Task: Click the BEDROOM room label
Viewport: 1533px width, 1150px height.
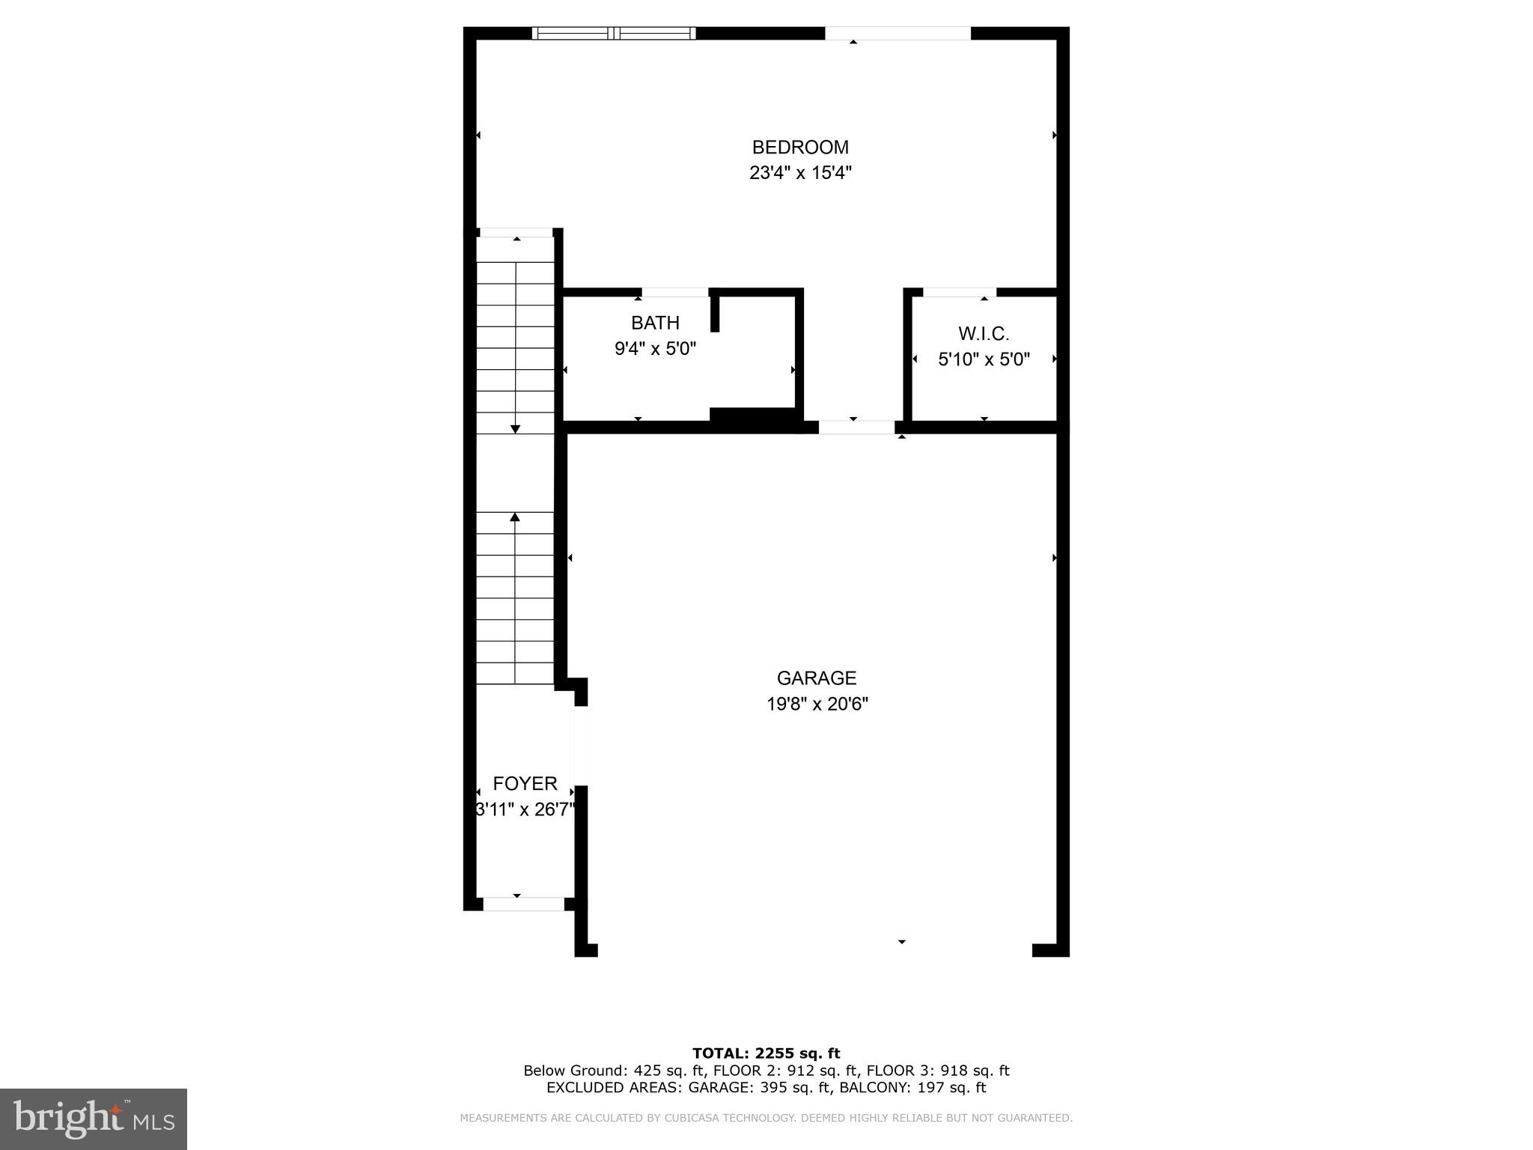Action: click(x=800, y=147)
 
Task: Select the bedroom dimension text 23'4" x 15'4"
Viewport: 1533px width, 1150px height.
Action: click(x=800, y=173)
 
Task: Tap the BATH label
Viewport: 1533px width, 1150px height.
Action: click(x=655, y=323)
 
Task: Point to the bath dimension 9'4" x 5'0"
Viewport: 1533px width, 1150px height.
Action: click(x=655, y=349)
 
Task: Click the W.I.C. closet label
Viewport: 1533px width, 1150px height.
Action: click(x=984, y=334)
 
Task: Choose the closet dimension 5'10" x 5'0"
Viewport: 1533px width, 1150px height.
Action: click(x=984, y=359)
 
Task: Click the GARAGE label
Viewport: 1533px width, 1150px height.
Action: click(x=816, y=678)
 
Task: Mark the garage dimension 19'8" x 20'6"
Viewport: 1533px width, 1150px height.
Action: click(x=817, y=705)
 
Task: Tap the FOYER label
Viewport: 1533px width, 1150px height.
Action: click(x=525, y=784)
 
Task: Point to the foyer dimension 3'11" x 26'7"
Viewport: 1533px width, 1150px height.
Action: click(x=525, y=810)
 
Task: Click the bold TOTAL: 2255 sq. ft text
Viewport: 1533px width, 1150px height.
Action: click(x=766, y=1054)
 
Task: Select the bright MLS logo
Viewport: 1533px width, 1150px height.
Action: click(x=94, y=1119)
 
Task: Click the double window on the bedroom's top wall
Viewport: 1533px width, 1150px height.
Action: click(x=614, y=33)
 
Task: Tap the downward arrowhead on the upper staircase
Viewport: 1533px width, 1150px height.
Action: click(x=515, y=429)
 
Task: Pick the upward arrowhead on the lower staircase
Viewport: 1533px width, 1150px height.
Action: click(x=515, y=517)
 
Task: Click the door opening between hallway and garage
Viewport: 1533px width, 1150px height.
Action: click(x=856, y=428)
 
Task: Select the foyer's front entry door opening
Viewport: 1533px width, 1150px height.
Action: click(x=523, y=904)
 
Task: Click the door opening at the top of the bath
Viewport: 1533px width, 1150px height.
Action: click(x=675, y=292)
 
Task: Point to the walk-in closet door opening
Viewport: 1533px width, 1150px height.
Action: click(x=959, y=292)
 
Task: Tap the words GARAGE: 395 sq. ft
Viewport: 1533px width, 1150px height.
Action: click(x=757, y=1088)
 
